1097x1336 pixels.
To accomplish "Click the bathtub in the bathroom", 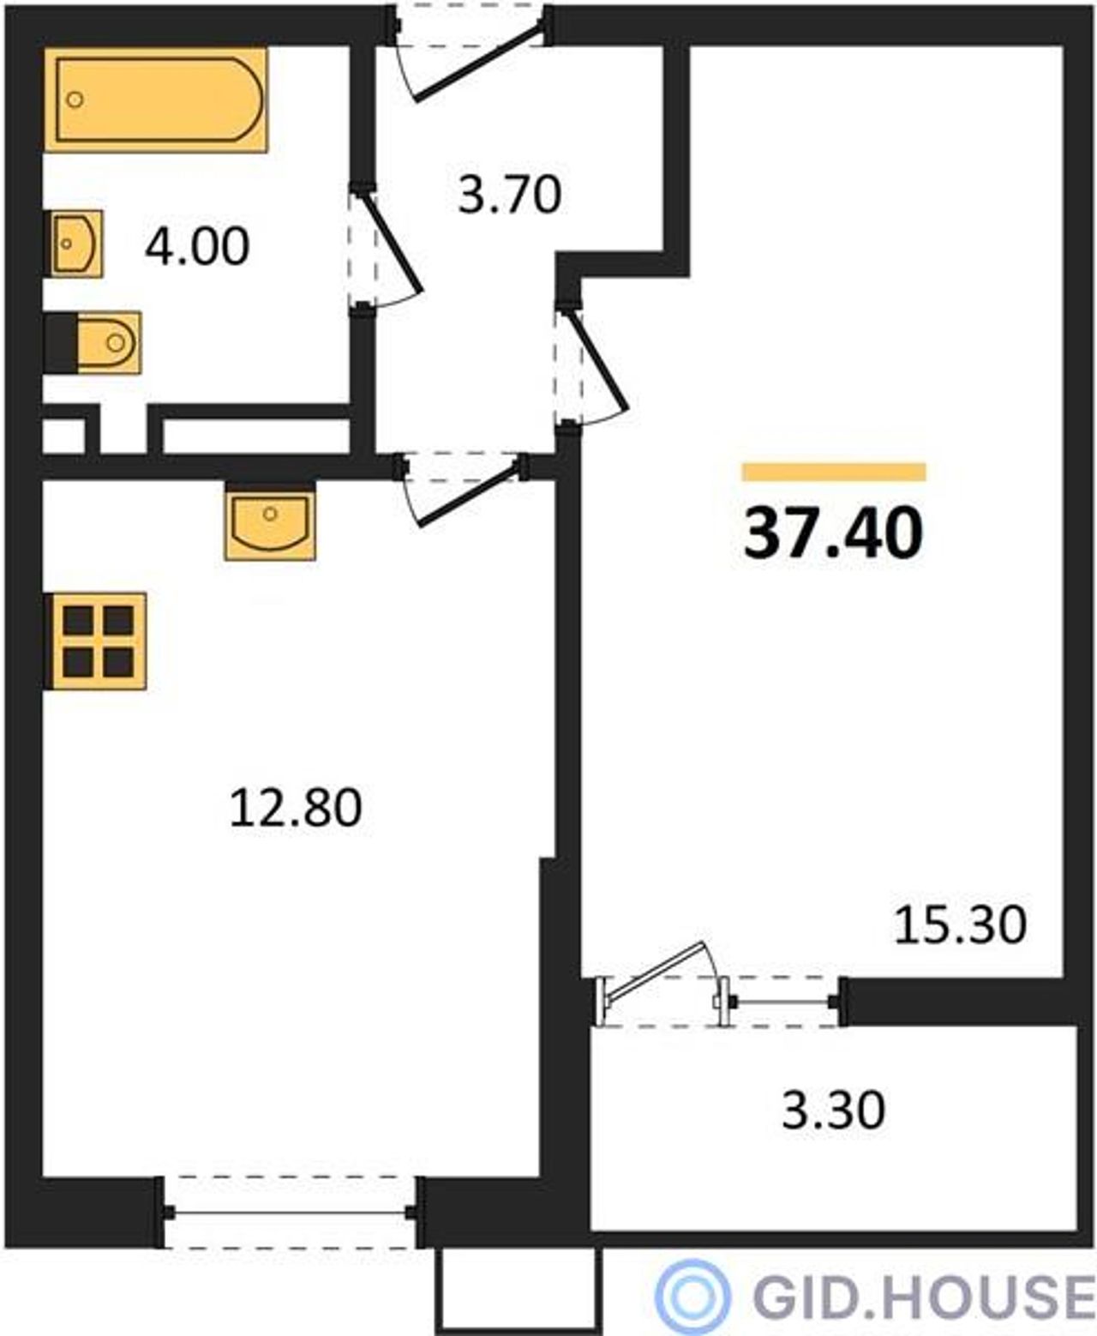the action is tap(156, 99).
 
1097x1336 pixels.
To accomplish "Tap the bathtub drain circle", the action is tap(75, 99).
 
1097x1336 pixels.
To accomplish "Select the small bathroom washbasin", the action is tap(74, 244).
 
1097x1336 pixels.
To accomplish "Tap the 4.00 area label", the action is tap(197, 247).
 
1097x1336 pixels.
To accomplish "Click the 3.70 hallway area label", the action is tap(510, 196).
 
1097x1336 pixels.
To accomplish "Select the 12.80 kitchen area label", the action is tap(296, 808).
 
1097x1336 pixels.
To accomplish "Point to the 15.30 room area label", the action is tap(960, 925).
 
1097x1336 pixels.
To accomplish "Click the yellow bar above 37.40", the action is tap(834, 472).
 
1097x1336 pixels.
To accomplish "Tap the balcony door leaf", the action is tap(655, 972).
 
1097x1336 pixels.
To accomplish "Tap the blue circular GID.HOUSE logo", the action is tap(692, 1296).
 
